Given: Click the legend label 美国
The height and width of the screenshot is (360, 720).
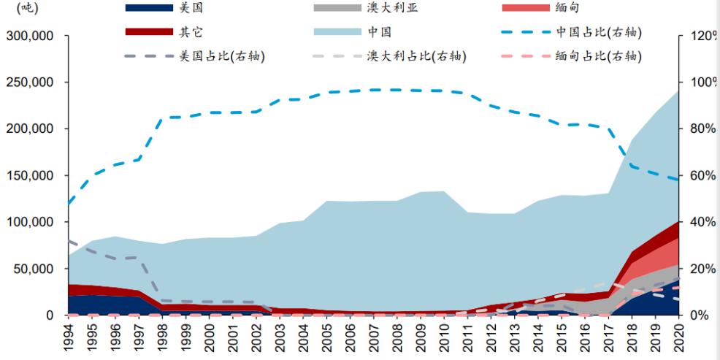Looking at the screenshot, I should pyautogui.click(x=192, y=8).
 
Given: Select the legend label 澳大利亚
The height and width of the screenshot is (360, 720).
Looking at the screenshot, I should pyautogui.click(x=392, y=8).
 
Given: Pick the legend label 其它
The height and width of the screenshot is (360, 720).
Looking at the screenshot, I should pyautogui.click(x=192, y=32).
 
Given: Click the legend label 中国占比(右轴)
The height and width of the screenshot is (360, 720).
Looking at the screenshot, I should pyautogui.click(x=599, y=32).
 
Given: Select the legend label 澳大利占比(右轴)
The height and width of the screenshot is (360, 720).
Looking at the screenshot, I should pyautogui.click(x=416, y=56).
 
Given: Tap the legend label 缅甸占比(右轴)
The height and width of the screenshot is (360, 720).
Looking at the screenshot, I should pyautogui.click(x=599, y=56).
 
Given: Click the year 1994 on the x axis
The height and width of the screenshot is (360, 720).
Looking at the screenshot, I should pyautogui.click(x=68, y=339).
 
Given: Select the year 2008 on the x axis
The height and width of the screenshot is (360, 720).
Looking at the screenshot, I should pyautogui.click(x=397, y=339).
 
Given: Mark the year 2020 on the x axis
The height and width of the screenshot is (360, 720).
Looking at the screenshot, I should pyautogui.click(x=678, y=339).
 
